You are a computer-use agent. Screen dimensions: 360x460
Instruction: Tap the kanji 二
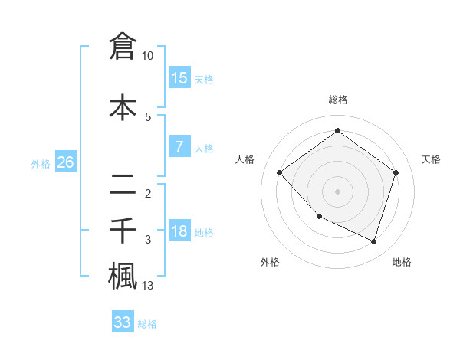[123, 183]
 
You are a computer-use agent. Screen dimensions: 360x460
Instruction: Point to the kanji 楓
[123, 275]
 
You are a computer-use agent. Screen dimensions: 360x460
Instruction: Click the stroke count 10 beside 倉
[148, 56]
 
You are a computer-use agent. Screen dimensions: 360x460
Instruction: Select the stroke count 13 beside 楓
[148, 286]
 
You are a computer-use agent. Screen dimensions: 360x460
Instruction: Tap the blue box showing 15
[179, 78]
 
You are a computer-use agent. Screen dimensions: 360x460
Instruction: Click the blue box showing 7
[179, 147]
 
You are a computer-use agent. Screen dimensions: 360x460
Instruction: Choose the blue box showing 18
[179, 231]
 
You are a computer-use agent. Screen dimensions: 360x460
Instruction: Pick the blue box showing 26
[65, 162]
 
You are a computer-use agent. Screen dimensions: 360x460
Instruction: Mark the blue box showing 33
[123, 322]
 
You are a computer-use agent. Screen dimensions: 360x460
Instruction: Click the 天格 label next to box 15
[204, 80]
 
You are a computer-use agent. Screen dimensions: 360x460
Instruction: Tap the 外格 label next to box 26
[41, 163]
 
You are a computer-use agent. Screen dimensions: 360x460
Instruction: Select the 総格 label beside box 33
[147, 324]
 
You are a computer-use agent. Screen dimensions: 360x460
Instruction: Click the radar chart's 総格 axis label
[337, 100]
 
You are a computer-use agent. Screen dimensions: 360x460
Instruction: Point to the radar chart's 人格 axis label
[245, 159]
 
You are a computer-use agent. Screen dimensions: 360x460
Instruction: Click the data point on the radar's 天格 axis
[396, 172]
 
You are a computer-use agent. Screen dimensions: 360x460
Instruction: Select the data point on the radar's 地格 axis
[373, 241]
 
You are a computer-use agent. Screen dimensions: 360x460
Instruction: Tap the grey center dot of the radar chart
[337, 191]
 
